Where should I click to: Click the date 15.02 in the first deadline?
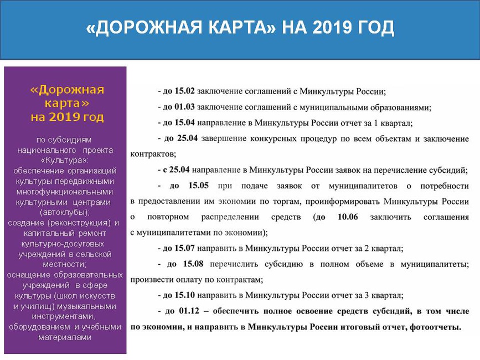point(184,91)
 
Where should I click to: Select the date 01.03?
point(184,107)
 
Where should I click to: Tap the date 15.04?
point(184,122)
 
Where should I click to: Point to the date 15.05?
point(198,186)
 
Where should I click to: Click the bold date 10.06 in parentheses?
point(348,217)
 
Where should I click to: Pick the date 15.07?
point(184,248)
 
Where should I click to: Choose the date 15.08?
point(193,264)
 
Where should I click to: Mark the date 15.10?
point(184,295)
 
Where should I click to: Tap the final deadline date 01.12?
point(189,311)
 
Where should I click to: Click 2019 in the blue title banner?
point(332,27)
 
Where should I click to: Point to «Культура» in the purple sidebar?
point(65,161)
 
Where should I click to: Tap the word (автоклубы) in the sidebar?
point(65,213)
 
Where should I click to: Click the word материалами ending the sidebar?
point(65,337)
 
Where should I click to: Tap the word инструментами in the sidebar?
point(64,316)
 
